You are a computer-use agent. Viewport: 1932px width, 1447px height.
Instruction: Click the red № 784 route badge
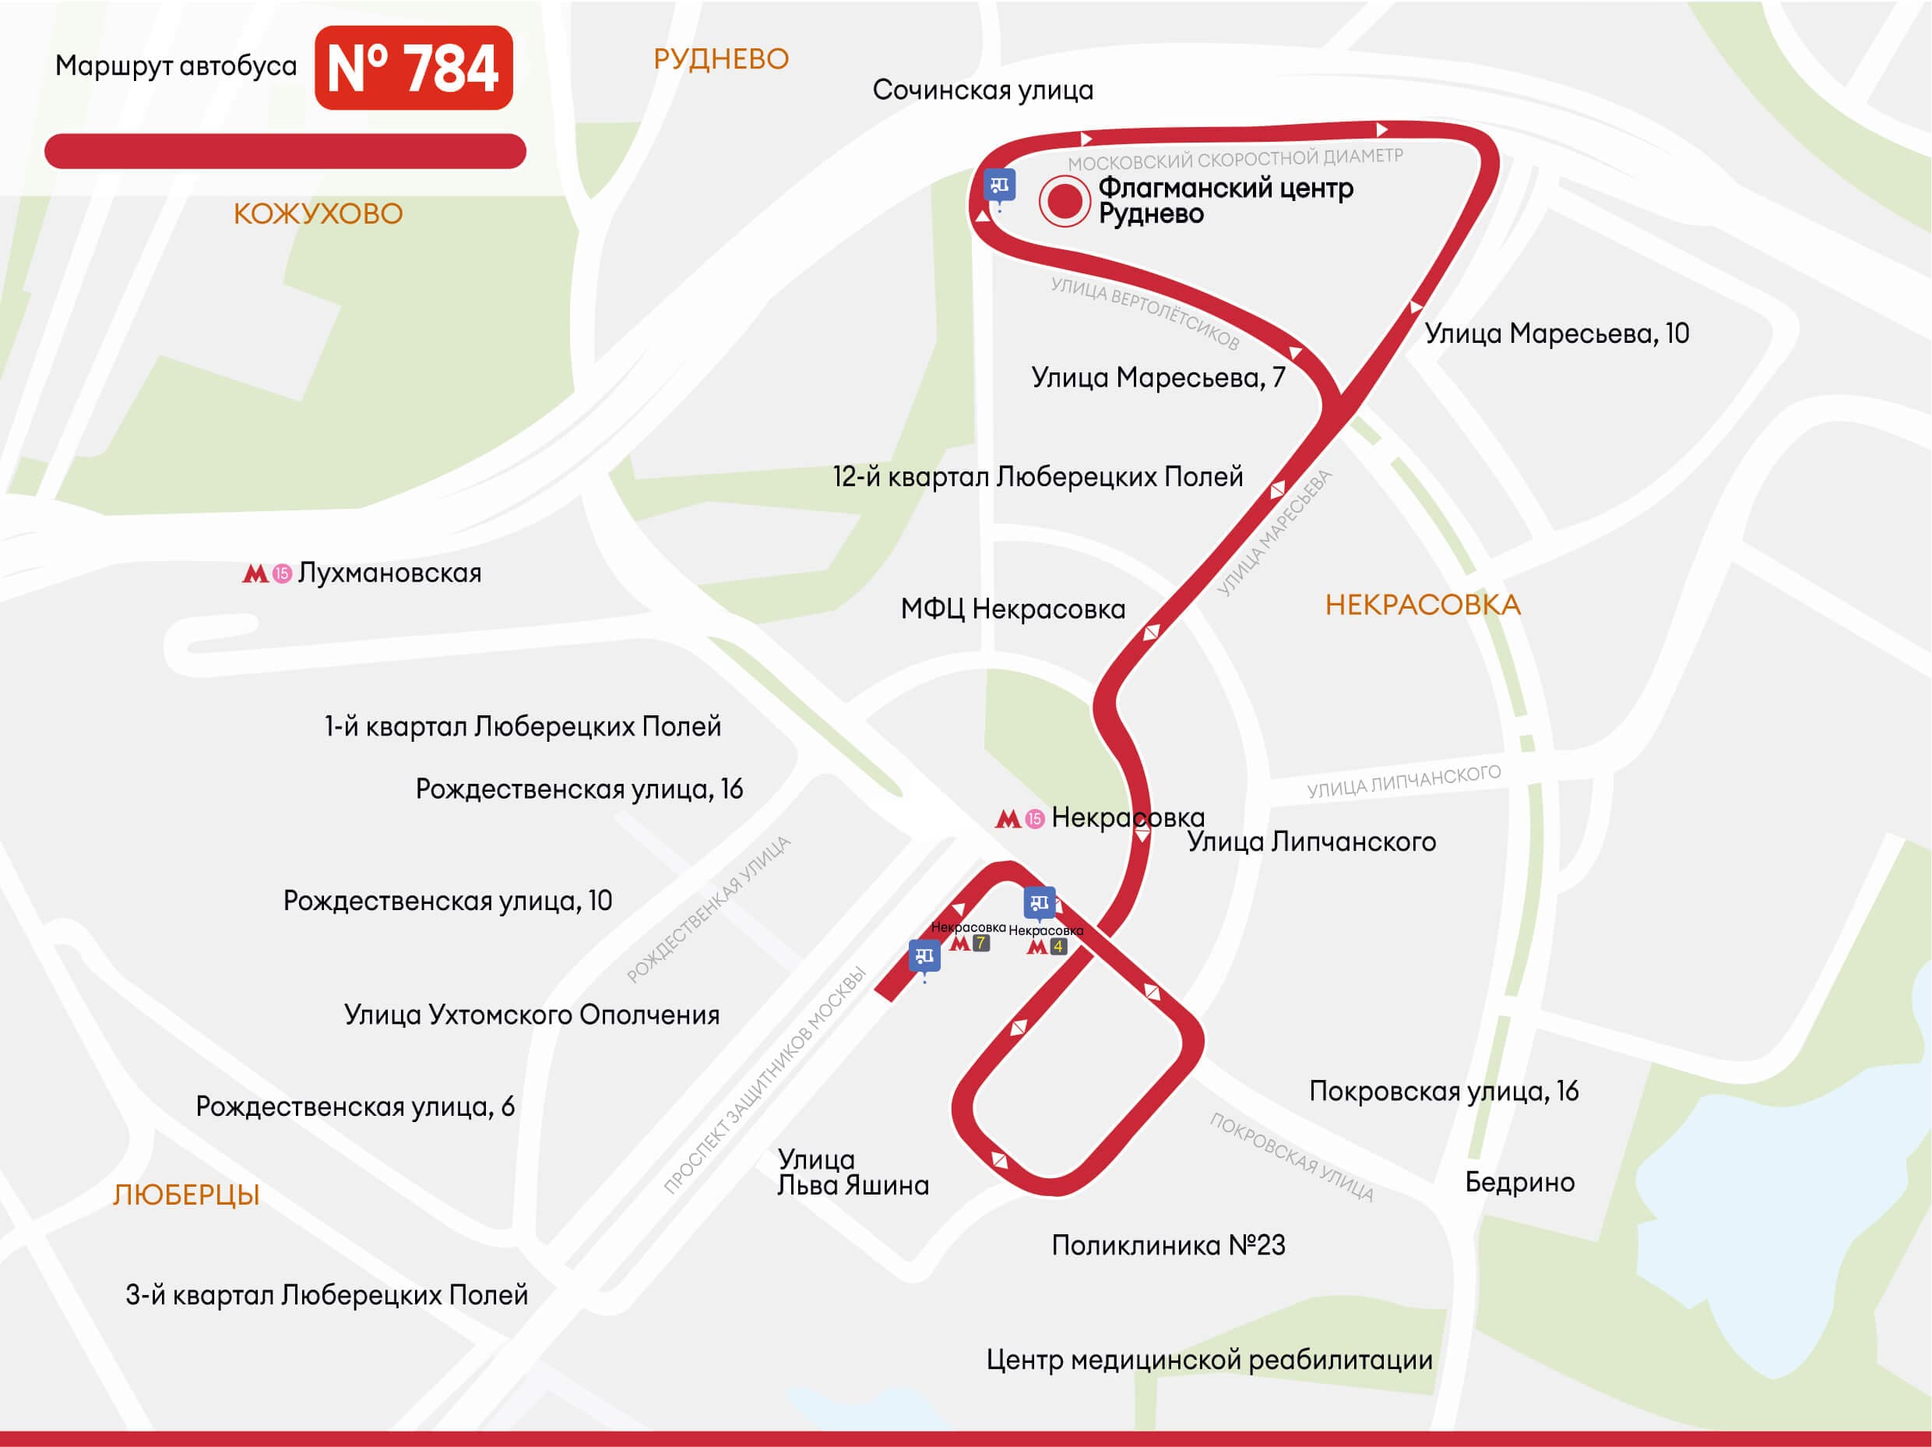[413, 68]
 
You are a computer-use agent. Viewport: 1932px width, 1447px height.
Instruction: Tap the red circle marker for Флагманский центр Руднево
[1064, 201]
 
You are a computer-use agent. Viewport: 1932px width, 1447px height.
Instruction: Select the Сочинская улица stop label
[983, 90]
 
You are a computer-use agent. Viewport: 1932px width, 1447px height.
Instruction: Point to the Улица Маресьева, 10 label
[1557, 334]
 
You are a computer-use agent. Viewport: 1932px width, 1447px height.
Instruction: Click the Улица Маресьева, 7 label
[1157, 377]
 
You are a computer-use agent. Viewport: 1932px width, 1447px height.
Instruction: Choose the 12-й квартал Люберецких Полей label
[1037, 477]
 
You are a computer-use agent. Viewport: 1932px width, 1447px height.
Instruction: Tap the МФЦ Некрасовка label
[1013, 609]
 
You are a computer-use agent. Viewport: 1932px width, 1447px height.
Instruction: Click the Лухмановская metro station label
[389, 574]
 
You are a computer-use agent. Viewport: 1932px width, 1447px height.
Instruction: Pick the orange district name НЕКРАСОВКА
[1423, 605]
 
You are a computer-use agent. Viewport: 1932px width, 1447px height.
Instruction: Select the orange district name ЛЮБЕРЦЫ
[186, 1195]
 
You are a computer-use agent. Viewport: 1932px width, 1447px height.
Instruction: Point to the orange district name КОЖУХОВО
[318, 214]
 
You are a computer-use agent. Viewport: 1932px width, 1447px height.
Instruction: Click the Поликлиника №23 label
[1168, 1245]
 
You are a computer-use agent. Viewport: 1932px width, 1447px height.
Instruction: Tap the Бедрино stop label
[1520, 1182]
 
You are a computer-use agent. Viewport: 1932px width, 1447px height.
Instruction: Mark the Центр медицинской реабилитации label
[1209, 1360]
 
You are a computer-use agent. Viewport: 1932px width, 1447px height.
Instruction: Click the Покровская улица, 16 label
[1443, 1092]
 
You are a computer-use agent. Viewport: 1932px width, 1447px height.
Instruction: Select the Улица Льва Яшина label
[853, 1172]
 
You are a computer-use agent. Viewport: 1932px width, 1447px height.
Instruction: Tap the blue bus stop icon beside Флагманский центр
[999, 186]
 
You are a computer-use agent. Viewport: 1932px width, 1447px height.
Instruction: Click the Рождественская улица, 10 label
[447, 901]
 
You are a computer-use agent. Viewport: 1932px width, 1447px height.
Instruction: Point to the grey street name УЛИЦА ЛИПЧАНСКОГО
[1403, 782]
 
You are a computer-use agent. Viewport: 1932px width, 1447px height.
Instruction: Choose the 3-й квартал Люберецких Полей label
[326, 1295]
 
